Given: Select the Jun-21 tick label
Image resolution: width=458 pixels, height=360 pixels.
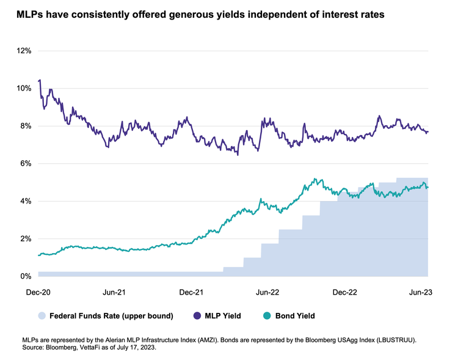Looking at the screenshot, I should click(114, 293).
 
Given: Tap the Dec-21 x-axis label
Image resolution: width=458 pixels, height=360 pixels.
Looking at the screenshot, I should click(192, 293).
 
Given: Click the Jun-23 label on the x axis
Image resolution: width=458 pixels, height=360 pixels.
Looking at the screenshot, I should click(420, 293).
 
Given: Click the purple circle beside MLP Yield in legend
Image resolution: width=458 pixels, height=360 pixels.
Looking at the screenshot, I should click(198, 316).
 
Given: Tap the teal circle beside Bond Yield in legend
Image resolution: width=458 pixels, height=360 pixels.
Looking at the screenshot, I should click(267, 316).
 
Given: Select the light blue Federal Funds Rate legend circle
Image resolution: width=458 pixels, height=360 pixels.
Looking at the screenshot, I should click(42, 316).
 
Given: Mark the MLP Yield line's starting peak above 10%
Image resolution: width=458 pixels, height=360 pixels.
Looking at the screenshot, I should click(40, 80).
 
